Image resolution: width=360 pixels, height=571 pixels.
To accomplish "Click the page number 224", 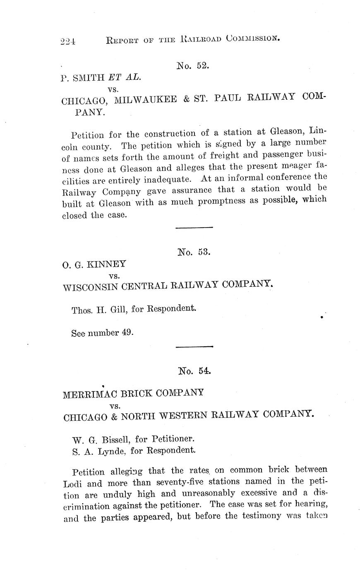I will [x=67, y=41].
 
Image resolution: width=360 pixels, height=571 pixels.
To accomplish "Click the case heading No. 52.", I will [x=193, y=65].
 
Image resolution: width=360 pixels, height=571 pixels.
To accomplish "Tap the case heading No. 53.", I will [x=194, y=252].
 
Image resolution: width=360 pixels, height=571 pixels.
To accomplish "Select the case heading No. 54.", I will [x=194, y=371].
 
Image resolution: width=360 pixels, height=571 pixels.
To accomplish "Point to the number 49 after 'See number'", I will [x=127, y=333].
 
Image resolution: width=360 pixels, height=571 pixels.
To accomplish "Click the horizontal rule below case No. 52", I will [x=194, y=227].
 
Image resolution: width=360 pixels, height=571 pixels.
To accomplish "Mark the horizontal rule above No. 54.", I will [x=194, y=346].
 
